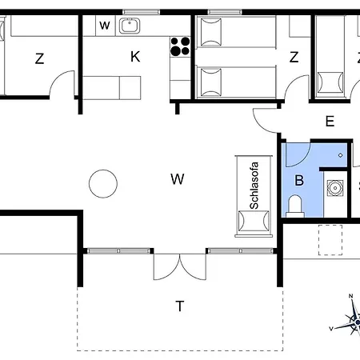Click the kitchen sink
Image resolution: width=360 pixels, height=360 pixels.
click(130, 26)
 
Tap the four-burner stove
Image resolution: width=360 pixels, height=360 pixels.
click(180, 46)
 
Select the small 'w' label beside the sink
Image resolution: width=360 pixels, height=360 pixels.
click(105, 26)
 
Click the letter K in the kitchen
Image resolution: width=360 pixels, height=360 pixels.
click(135, 57)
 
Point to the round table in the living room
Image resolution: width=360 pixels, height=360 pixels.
click(103, 184)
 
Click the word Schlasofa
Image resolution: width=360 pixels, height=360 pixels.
click(254, 186)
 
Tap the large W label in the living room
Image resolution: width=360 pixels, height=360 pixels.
click(178, 179)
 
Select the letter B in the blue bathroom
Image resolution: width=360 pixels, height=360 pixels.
click(299, 180)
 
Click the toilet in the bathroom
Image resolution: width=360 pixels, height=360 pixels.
click(295, 206)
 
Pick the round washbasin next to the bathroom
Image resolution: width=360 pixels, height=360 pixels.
click(335, 188)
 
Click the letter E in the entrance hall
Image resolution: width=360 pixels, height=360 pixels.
click(330, 122)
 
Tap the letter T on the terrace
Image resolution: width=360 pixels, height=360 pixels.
click(180, 306)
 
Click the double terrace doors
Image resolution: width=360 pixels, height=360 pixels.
click(180, 266)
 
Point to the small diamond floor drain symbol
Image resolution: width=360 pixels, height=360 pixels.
click(341, 155)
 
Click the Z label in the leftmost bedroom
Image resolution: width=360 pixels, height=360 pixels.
click(39, 58)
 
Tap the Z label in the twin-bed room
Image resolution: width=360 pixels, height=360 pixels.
click(294, 57)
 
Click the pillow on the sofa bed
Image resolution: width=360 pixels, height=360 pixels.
click(254, 221)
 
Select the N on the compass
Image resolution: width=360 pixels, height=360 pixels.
click(350, 296)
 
